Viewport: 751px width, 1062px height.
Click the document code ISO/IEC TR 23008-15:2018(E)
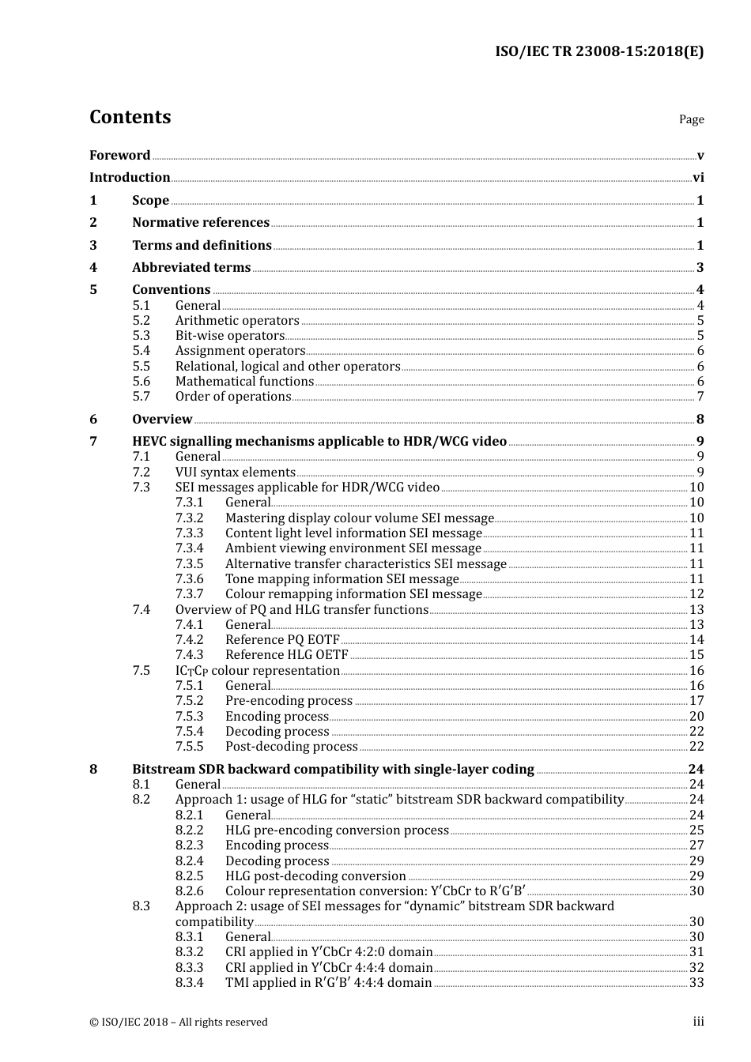coord(599,51)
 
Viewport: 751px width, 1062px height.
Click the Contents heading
coord(130,117)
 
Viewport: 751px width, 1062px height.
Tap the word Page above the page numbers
coord(691,119)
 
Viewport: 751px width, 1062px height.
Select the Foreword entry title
coord(119,155)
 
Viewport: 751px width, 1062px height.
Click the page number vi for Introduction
coord(698,178)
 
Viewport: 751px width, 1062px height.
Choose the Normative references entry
coord(201,223)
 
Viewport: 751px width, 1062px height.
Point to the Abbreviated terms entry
coord(191,268)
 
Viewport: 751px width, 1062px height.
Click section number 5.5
coord(141,367)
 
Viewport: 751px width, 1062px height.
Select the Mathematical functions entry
coord(244,382)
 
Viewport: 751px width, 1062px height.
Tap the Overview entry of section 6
coord(162,420)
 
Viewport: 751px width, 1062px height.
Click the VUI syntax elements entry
coord(235,473)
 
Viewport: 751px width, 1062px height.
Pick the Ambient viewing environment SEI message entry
coord(353,548)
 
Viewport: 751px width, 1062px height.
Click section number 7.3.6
coord(189,579)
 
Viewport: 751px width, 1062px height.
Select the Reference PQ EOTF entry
coord(282,640)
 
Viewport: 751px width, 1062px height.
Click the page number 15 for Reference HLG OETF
coord(696,655)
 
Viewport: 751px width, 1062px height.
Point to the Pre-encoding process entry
coord(289,701)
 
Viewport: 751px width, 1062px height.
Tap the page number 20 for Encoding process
coord(696,717)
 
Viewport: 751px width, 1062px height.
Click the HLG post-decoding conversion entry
coord(315,876)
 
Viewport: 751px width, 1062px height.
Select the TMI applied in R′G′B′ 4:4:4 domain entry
coord(328,983)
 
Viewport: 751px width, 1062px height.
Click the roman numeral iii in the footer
coord(698,1022)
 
